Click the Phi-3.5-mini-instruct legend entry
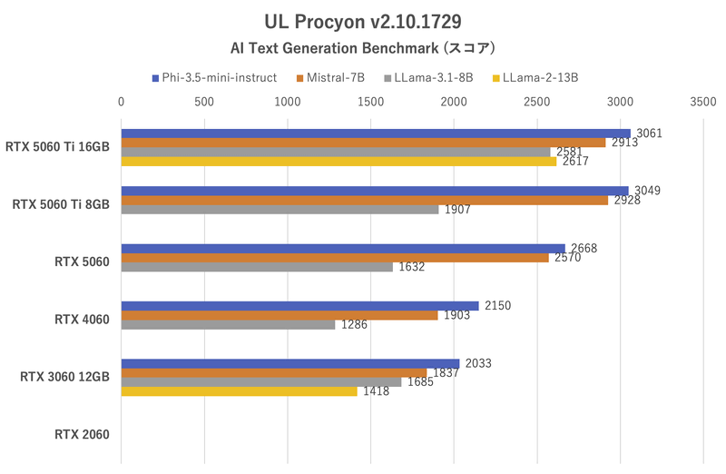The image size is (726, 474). [219, 78]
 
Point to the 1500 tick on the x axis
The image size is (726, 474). [370, 103]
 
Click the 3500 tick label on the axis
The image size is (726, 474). [702, 103]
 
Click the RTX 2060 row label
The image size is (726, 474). [82, 434]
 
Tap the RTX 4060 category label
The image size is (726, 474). [82, 319]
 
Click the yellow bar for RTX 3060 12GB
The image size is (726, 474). [239, 391]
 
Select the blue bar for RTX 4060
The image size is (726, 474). [299, 306]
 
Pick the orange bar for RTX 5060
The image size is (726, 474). [335, 258]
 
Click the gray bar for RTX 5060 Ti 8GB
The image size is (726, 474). [280, 210]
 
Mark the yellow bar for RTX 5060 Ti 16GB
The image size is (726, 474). [338, 162]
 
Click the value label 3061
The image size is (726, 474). [650, 133]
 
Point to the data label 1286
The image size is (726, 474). [355, 324]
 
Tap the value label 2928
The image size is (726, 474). [627, 200]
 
